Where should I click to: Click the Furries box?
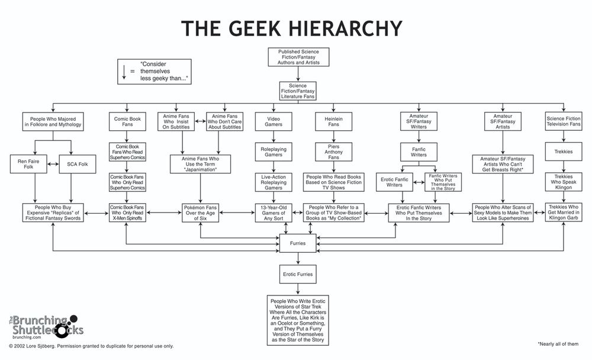(x=298, y=243)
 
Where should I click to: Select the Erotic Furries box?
(x=298, y=274)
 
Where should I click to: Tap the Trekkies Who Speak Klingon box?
(x=564, y=182)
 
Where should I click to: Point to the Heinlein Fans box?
(x=333, y=121)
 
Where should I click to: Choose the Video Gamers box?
(x=274, y=121)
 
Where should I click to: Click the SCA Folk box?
(x=78, y=164)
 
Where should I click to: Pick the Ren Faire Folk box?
(x=28, y=164)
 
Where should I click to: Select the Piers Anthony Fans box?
(x=333, y=152)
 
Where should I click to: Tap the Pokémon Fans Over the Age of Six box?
(x=200, y=213)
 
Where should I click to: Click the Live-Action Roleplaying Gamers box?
(x=274, y=182)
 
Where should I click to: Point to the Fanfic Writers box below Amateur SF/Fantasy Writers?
(x=419, y=152)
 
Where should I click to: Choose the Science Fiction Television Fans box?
(x=564, y=121)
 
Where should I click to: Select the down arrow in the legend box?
(x=124, y=72)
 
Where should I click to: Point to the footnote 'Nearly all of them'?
(x=558, y=344)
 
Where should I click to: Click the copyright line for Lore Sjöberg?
(x=91, y=346)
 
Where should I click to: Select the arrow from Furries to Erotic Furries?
(x=298, y=259)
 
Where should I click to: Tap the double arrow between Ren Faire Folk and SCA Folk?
(x=53, y=164)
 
